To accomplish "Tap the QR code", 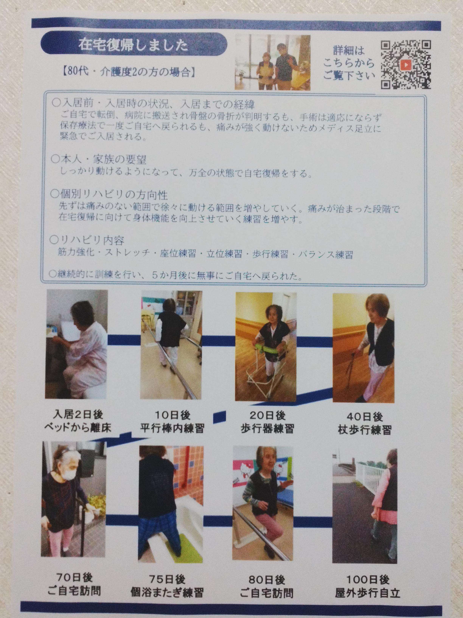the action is [x=406, y=65].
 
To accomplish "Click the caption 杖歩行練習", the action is [x=364, y=430].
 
